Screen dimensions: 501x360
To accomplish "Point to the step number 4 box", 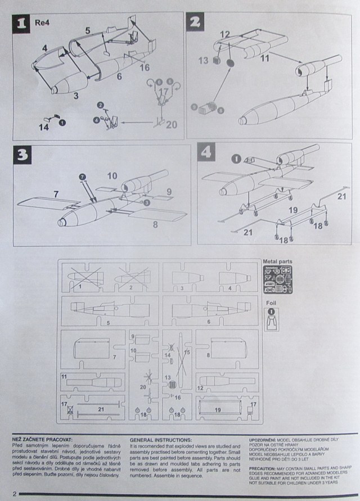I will click(x=207, y=153).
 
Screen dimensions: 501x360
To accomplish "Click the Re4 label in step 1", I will click(x=41, y=24).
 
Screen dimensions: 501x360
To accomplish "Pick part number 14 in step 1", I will click(x=44, y=127).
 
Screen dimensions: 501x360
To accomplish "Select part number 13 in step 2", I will click(x=203, y=60).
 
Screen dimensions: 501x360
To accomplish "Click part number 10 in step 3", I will click(x=112, y=176).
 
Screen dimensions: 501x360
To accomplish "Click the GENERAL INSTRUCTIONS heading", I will click(x=160, y=439).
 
